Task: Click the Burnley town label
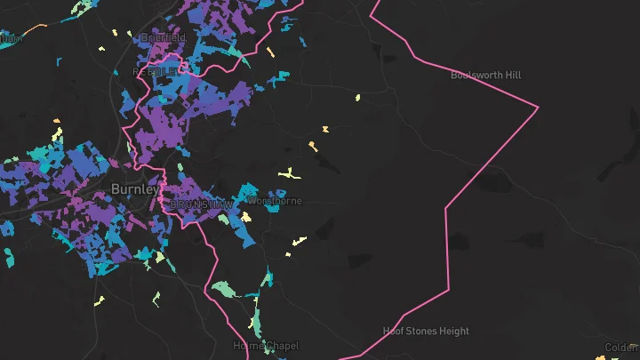(x=135, y=189)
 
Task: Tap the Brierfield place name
(x=161, y=38)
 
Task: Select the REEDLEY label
(x=156, y=70)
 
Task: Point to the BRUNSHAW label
(x=202, y=204)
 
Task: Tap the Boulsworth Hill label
(x=485, y=76)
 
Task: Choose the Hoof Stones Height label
(x=426, y=332)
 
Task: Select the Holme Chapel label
(x=266, y=345)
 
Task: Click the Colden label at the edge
(x=621, y=348)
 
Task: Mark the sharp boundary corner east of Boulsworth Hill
(x=538, y=108)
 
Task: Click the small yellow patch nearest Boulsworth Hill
(x=357, y=97)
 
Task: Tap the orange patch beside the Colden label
(x=602, y=357)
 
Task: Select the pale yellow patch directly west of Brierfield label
(x=116, y=34)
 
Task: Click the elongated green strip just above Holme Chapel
(x=257, y=320)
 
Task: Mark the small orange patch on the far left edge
(x=58, y=121)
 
